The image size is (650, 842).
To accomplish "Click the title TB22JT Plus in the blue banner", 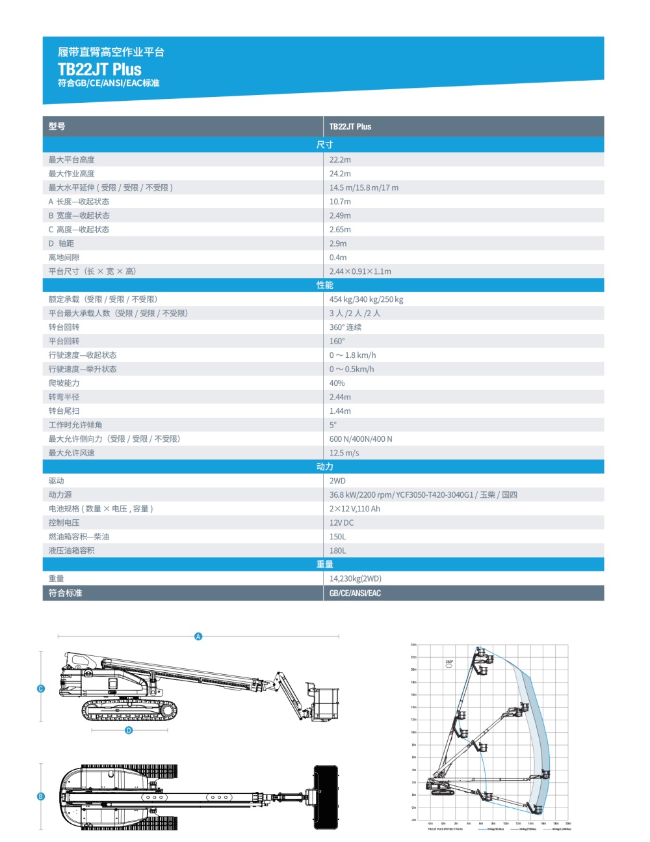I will [99, 69].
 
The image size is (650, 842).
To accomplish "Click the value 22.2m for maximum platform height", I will [340, 159].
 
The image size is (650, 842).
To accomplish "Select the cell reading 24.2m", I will [340, 174].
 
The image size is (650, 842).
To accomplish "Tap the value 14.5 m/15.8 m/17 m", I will [364, 187].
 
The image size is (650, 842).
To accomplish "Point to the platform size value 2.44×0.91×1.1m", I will [360, 271].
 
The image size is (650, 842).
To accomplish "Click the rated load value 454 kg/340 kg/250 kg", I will [366, 299].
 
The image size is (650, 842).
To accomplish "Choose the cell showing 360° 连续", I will [345, 327].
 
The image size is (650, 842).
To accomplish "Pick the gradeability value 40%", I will [337, 383].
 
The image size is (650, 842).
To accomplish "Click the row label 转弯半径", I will [64, 397].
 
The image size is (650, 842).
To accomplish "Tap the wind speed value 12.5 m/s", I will [344, 453].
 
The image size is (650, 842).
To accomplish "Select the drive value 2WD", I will [337, 481].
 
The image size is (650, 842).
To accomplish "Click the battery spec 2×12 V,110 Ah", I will [354, 509].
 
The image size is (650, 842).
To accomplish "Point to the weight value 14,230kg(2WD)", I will [355, 578].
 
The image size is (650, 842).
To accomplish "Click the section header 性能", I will [324, 285].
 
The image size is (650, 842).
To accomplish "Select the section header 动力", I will [324, 467].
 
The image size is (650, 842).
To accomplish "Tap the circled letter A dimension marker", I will [198, 636].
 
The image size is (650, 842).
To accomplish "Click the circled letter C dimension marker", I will [41, 688].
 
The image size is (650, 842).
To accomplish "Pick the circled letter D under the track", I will [129, 730].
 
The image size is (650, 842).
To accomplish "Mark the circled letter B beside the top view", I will [41, 796].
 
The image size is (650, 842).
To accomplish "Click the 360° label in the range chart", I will [449, 662].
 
